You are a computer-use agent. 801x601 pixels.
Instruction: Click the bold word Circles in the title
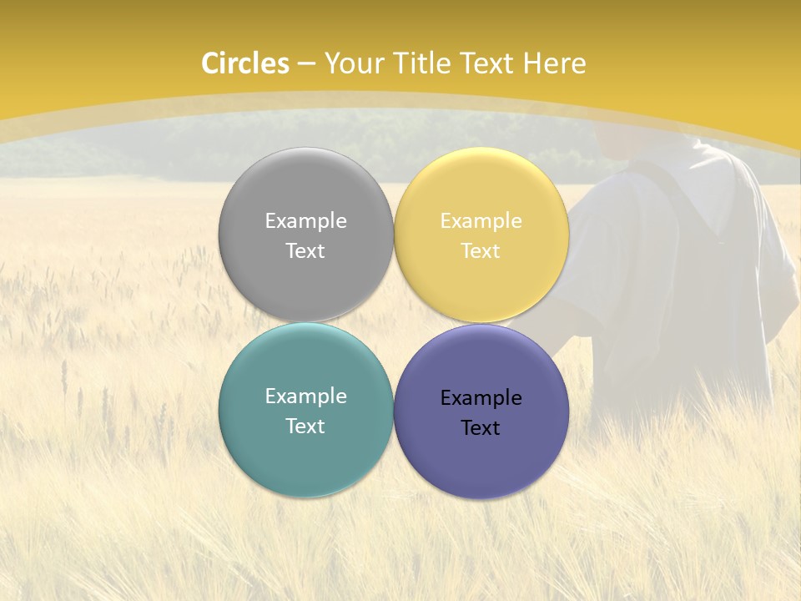click(244, 63)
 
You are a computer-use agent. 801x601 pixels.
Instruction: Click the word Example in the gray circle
click(305, 221)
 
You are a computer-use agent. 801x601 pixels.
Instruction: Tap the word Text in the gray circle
click(305, 251)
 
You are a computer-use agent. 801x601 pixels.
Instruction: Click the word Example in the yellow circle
click(481, 221)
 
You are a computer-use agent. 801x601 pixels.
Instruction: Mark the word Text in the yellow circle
click(481, 251)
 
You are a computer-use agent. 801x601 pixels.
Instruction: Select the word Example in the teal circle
click(305, 396)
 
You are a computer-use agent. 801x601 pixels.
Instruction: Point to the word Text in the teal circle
click(305, 427)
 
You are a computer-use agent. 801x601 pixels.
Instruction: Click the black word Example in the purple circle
click(481, 398)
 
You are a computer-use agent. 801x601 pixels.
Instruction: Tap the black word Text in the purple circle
click(481, 428)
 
